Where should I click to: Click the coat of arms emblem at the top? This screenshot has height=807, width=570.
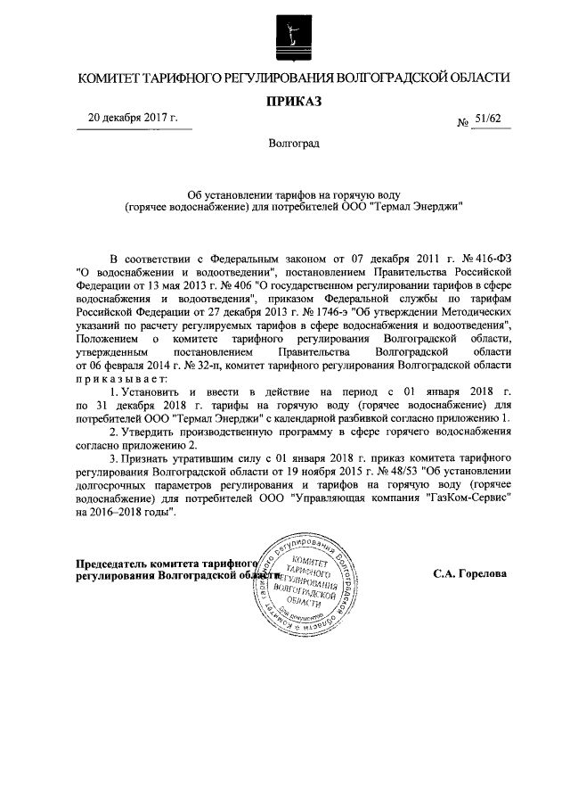294,36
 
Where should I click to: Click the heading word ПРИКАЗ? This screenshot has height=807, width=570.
294,101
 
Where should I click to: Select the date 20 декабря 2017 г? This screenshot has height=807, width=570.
134,119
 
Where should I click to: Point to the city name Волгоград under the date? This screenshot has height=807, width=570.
294,144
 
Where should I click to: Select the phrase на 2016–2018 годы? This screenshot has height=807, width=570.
126,515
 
